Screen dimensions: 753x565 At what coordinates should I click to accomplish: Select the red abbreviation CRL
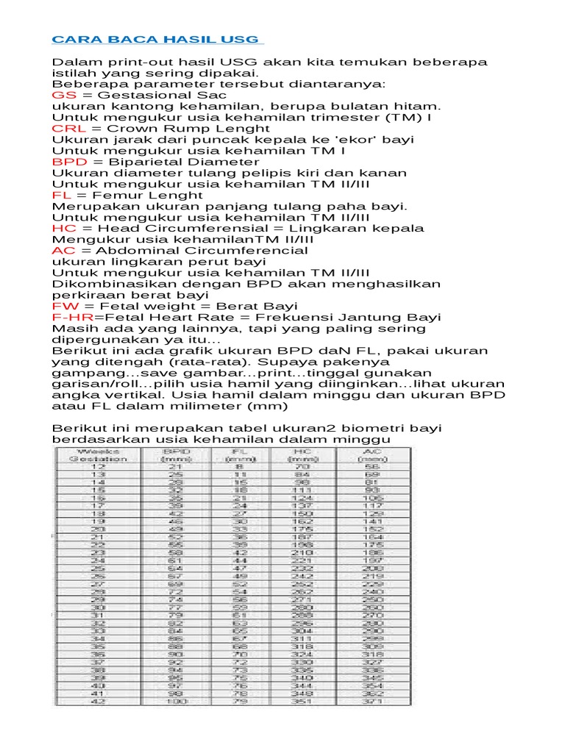click(x=67, y=129)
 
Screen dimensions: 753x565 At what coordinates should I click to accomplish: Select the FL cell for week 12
click(x=239, y=466)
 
